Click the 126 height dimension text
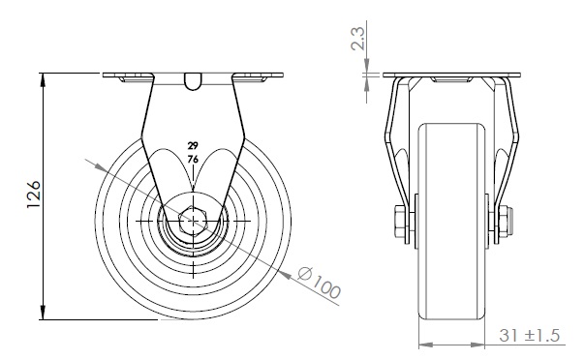(x=34, y=195)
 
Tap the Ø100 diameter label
(x=320, y=283)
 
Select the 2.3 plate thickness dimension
(x=358, y=39)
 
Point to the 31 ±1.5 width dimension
(x=530, y=336)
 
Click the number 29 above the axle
(x=193, y=145)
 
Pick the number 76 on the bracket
(x=193, y=160)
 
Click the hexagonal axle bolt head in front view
(x=193, y=221)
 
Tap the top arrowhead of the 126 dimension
(x=43, y=80)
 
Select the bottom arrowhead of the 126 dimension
(x=43, y=313)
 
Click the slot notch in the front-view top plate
(x=193, y=81)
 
